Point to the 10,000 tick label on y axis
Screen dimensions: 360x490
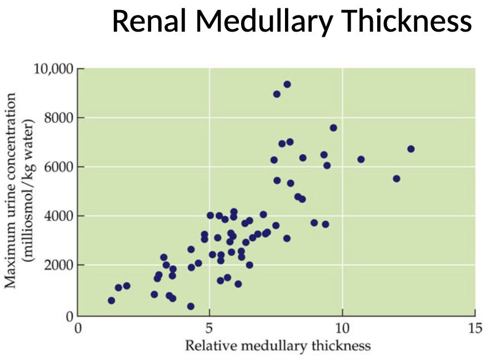(x=53, y=69)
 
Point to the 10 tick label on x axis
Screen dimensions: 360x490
(x=342, y=327)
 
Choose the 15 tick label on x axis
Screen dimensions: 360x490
(x=475, y=327)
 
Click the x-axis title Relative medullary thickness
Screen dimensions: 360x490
(x=277, y=346)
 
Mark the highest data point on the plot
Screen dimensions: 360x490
(x=287, y=84)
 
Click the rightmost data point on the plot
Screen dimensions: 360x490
(x=411, y=149)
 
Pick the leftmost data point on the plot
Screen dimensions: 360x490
(x=111, y=301)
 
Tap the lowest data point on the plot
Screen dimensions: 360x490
(x=191, y=306)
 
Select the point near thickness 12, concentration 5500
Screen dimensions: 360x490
(x=396, y=179)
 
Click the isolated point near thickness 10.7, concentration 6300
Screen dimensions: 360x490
(x=361, y=159)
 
